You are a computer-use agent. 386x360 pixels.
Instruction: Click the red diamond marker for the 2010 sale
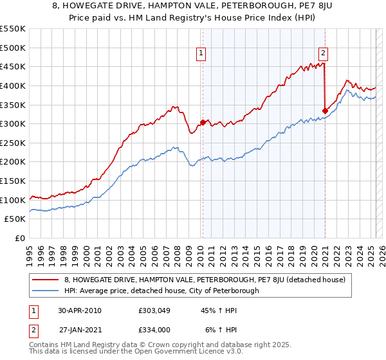tap(203, 122)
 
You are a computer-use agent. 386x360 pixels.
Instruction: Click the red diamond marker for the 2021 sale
tap(325, 111)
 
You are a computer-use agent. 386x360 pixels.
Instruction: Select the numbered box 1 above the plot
tap(202, 54)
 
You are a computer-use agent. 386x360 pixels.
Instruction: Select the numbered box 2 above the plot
tap(323, 54)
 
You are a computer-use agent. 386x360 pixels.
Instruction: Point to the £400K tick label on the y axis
tap(14, 85)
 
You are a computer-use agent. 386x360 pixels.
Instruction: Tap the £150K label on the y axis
tap(14, 181)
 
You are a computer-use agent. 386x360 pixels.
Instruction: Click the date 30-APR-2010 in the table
tap(80, 310)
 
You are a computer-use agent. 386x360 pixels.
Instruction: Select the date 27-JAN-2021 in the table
tap(80, 328)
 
